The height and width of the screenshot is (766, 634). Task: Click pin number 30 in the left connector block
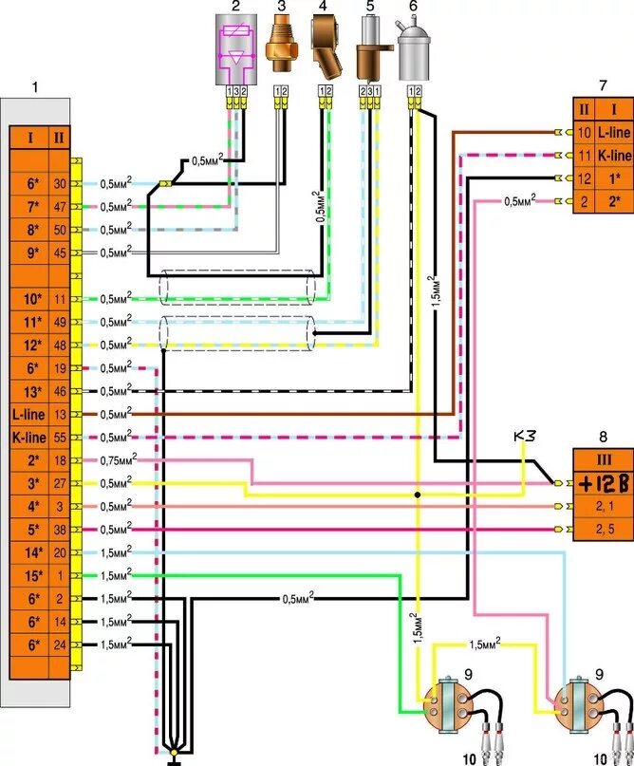tap(61, 184)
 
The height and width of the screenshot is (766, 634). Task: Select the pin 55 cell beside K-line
tap(61, 438)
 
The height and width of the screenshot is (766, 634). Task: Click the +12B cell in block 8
tap(600, 484)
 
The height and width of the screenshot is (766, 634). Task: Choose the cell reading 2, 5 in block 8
tap(600, 529)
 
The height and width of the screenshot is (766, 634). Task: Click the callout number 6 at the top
tap(413, 7)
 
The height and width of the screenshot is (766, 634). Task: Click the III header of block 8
tap(600, 460)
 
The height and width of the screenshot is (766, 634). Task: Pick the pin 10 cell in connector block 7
tap(585, 132)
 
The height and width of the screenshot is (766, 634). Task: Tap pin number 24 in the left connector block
tap(61, 645)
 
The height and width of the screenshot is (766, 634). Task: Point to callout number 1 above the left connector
tap(35, 87)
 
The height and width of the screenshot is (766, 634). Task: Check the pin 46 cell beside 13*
tap(61, 391)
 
